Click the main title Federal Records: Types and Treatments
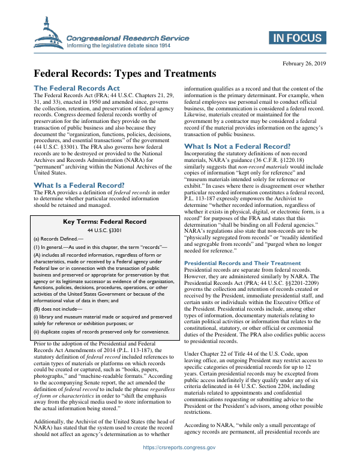124,74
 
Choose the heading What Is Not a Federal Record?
238,146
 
